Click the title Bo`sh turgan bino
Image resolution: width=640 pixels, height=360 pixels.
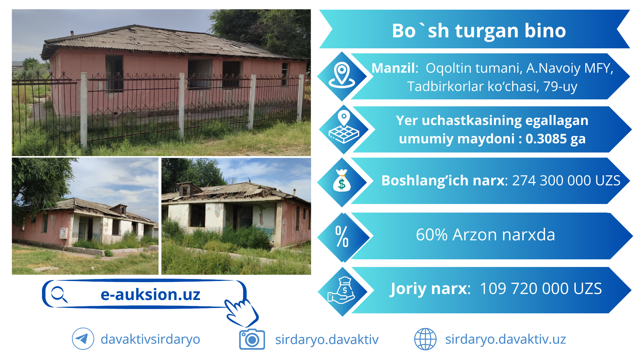(479, 31)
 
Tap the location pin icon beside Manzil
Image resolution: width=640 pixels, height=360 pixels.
(342, 75)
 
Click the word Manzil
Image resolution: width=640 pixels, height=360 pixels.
(394, 68)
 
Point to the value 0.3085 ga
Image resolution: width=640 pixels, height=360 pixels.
(555, 139)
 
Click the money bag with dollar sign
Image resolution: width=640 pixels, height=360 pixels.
(342, 181)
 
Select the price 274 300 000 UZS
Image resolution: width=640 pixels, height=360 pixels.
(566, 180)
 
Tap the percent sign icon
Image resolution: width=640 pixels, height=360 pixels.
(342, 236)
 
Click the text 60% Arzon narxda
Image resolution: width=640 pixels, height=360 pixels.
(485, 235)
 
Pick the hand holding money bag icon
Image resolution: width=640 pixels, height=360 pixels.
(341, 290)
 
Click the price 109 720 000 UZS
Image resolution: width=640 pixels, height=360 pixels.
(541, 289)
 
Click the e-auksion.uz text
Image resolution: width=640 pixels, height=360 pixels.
(150, 295)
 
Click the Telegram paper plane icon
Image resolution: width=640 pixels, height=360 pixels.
(83, 339)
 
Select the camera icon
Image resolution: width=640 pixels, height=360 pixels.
(252, 339)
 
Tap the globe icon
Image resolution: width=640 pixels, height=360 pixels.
(425, 339)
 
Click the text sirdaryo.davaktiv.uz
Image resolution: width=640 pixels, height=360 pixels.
(505, 339)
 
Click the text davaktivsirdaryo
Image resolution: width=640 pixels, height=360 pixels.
(150, 339)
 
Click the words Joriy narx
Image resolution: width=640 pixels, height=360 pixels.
(430, 289)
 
